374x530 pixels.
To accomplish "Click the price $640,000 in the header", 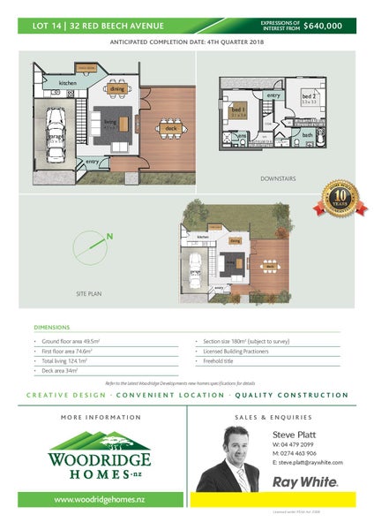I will (323, 26).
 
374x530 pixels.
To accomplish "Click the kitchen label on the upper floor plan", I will (68, 83).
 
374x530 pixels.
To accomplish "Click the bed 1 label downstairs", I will (238, 110).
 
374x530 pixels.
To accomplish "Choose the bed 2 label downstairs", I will (308, 95).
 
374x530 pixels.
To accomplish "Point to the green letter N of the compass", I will (108, 237).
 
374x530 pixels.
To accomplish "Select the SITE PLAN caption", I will (91, 291).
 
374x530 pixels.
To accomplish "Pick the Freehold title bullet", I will (218, 360).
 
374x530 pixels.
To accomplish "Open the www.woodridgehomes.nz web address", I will (100, 500).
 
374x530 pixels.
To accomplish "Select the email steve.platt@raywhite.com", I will (309, 462).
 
